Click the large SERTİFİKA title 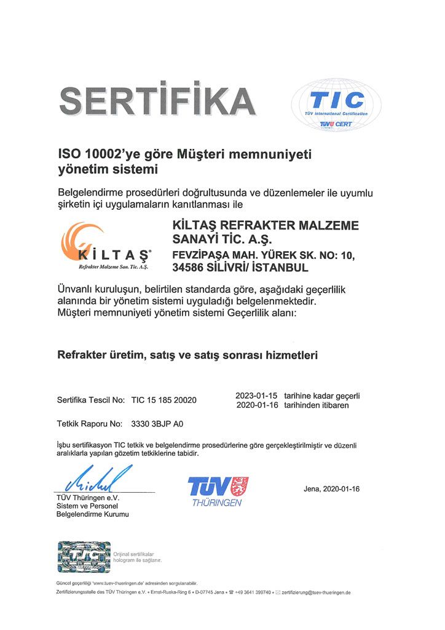point(157,100)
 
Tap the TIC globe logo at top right point(336,104)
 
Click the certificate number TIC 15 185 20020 point(163,400)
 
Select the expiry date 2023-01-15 point(257,396)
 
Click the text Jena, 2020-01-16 point(331,488)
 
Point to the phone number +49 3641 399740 point(252,592)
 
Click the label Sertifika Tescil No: point(91,400)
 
